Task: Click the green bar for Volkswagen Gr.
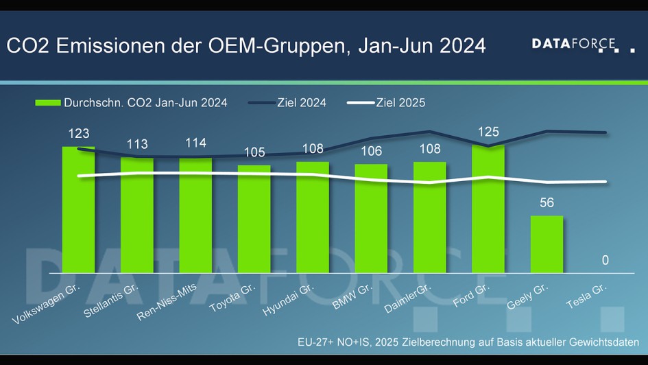click(x=79, y=209)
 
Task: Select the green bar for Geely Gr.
click(x=547, y=244)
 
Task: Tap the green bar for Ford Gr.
click(x=488, y=209)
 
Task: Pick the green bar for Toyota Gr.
click(x=254, y=218)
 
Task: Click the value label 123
click(x=79, y=134)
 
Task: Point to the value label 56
click(x=547, y=204)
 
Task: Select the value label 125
click(x=488, y=132)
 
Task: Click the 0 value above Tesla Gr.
click(x=605, y=260)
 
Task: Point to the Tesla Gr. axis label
click(x=587, y=296)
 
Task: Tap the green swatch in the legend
click(x=47, y=103)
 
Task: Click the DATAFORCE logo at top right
click(x=583, y=45)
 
